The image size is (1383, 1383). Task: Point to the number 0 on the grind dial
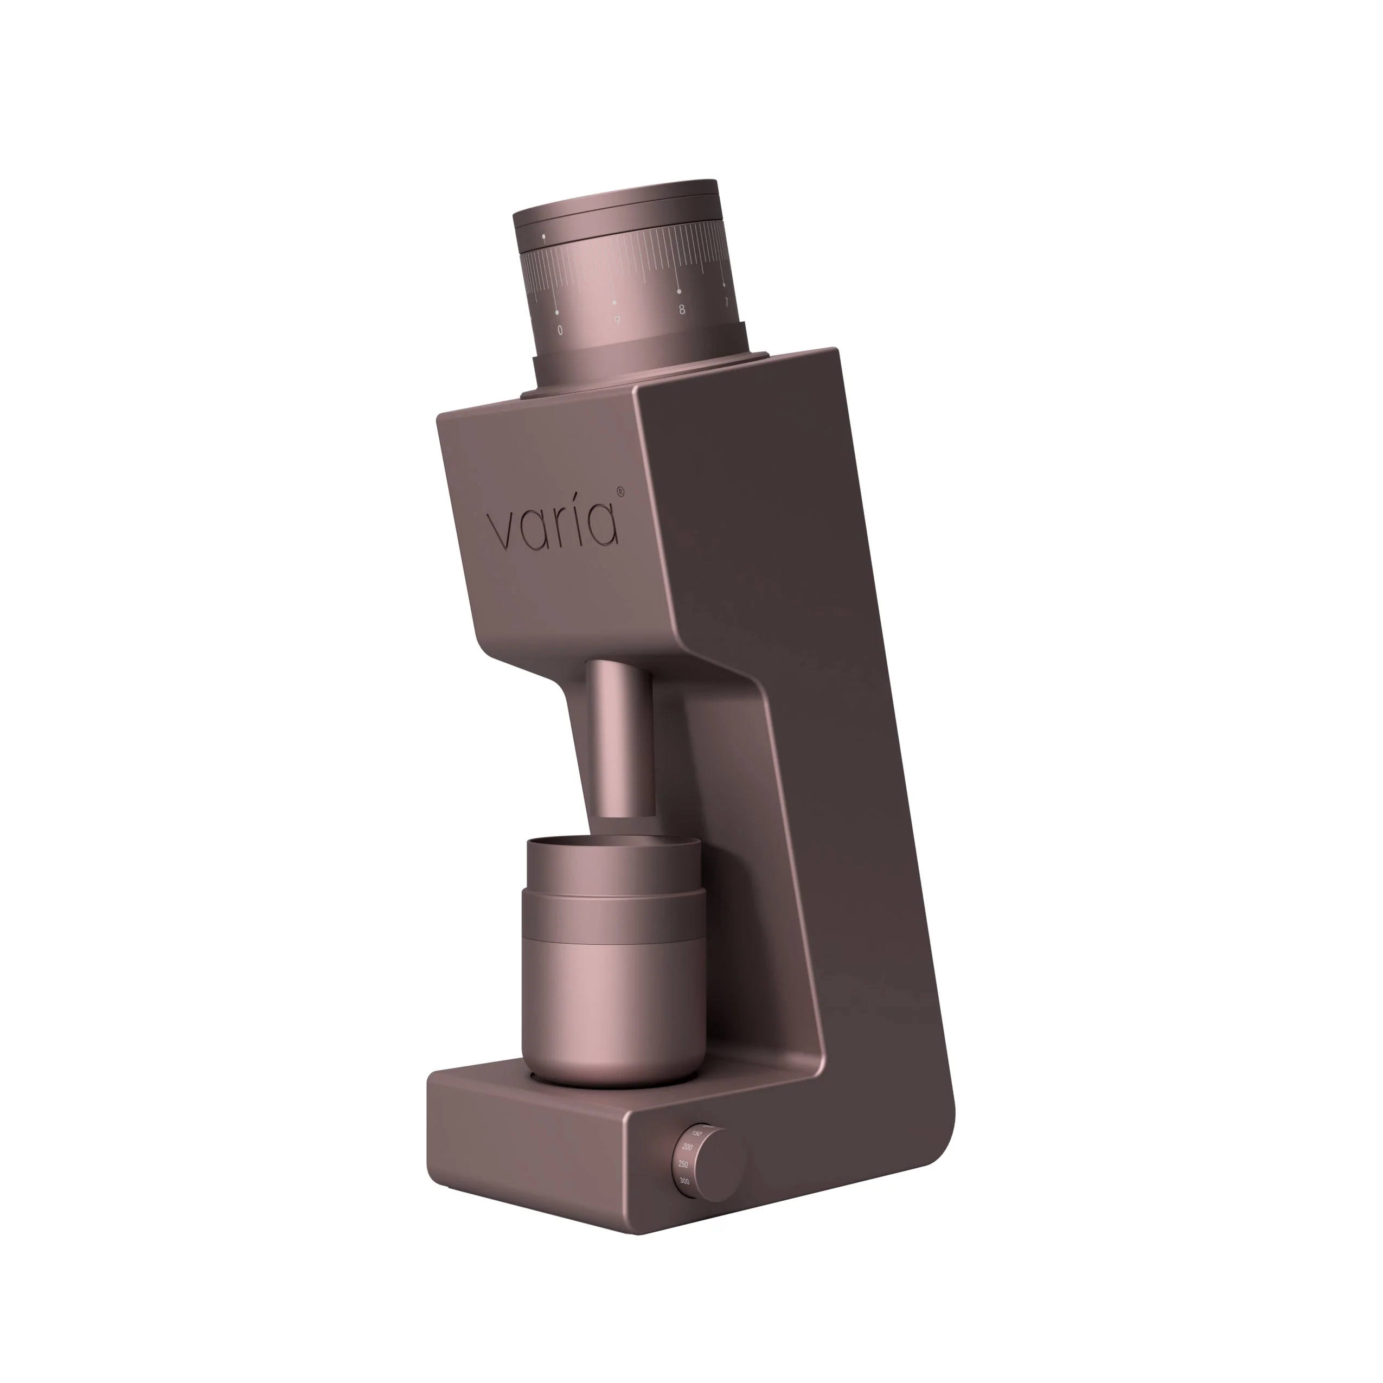[x=560, y=330]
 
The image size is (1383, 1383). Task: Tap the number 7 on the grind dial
[x=726, y=302]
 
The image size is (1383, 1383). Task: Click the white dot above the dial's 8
[x=678, y=292]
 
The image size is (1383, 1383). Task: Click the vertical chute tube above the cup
[x=620, y=737]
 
